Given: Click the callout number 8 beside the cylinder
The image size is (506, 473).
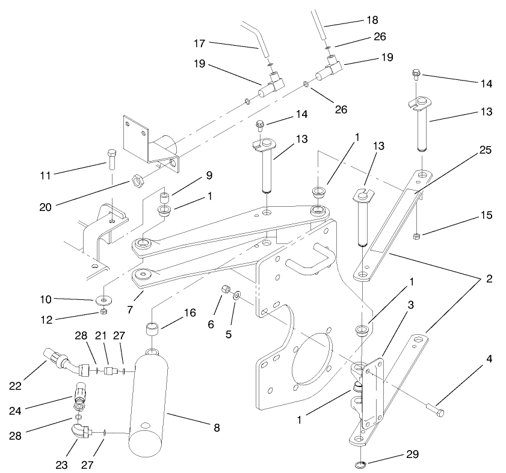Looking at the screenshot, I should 216,428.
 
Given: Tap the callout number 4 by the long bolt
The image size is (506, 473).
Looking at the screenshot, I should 489,360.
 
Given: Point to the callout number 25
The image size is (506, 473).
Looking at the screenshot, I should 485,150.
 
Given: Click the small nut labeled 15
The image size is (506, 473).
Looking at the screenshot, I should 417,234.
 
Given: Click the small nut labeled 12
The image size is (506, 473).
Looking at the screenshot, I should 104,311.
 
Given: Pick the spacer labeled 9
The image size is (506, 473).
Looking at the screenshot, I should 163,197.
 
